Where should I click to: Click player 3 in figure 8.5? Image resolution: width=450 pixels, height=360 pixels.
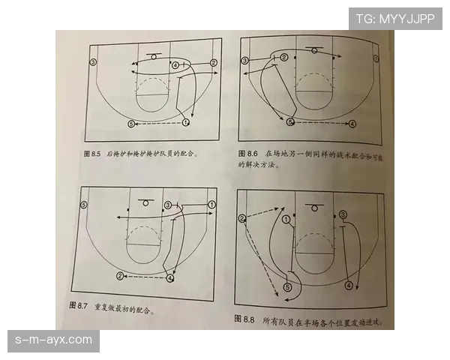pyautogui.click(x=93, y=61)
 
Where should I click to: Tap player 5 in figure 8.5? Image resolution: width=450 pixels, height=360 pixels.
pyautogui.click(x=131, y=123)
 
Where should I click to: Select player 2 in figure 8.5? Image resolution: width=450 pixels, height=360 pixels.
pyautogui.click(x=214, y=63)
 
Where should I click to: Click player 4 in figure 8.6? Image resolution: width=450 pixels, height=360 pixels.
pyautogui.click(x=352, y=122)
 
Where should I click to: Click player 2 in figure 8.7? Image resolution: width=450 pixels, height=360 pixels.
pyautogui.click(x=120, y=276)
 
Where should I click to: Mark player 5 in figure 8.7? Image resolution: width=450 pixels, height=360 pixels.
pyautogui.click(x=84, y=204)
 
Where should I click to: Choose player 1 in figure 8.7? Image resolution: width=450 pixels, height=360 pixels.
pyautogui.click(x=212, y=204)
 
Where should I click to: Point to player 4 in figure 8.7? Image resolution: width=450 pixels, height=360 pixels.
pyautogui.click(x=170, y=278)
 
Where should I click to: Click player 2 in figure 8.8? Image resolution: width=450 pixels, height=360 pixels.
pyautogui.click(x=242, y=218)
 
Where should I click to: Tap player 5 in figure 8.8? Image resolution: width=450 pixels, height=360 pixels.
pyautogui.click(x=288, y=286)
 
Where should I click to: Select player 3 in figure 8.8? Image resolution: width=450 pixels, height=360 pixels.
pyautogui.click(x=343, y=214)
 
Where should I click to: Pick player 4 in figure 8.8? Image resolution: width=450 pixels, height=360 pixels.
pyautogui.click(x=348, y=286)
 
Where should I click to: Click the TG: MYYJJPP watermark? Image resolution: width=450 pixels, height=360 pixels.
pyautogui.click(x=395, y=18)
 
